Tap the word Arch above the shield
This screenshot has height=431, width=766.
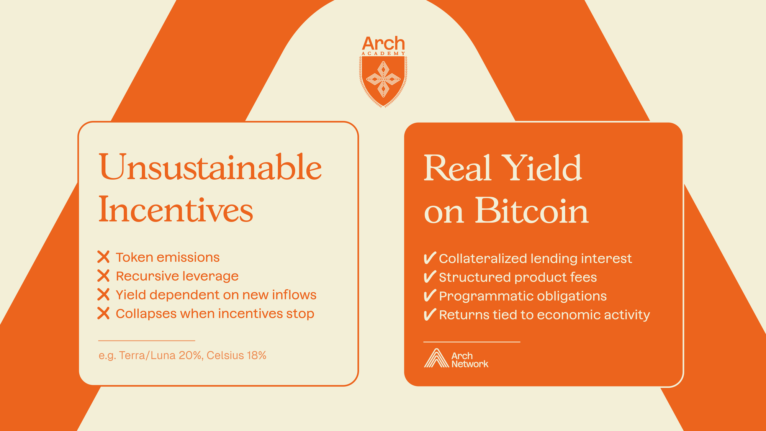(383, 43)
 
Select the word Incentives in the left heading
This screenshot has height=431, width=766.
(176, 209)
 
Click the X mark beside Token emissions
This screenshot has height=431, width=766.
(103, 257)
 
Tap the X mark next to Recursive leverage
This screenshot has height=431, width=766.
(103, 276)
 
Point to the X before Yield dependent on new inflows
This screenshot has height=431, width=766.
(103, 295)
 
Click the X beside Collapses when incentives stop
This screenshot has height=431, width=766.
(103, 313)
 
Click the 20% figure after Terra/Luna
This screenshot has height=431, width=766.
(190, 356)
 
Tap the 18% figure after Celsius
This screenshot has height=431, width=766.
(257, 356)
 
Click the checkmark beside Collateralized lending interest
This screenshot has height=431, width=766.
(430, 258)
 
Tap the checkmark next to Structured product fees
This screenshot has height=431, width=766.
(430, 277)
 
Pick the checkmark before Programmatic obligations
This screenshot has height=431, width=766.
(430, 295)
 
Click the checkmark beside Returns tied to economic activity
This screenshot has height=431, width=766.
(430, 314)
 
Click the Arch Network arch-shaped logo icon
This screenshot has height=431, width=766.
(436, 358)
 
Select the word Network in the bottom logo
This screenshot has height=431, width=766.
(470, 364)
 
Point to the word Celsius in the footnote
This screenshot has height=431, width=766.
(225, 356)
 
